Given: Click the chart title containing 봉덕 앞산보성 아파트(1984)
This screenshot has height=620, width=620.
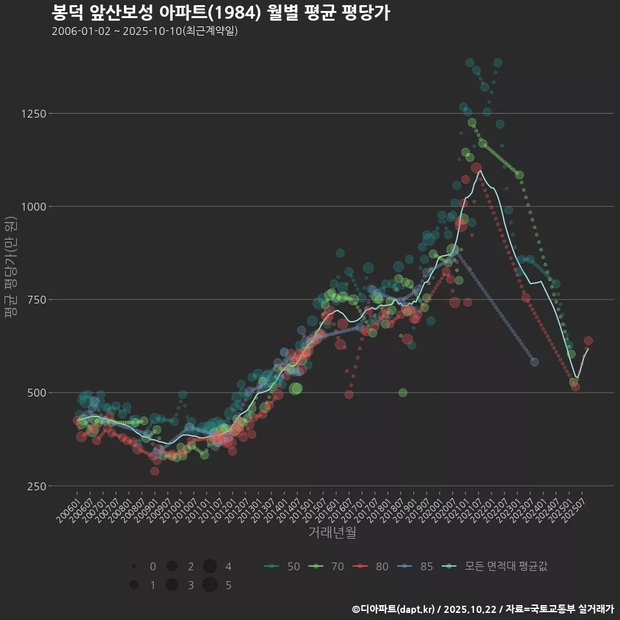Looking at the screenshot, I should tap(220, 13).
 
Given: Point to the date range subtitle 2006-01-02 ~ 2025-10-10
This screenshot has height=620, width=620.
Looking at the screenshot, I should tap(145, 31).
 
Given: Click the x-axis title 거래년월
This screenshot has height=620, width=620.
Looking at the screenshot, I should tap(332, 533).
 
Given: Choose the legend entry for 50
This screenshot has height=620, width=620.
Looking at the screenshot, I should tap(282, 566).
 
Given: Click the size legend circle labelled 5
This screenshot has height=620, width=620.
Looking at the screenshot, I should tap(209, 585).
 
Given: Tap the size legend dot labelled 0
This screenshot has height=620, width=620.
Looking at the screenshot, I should tap(134, 566).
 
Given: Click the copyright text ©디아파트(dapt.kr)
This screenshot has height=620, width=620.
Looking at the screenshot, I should tap(393, 609).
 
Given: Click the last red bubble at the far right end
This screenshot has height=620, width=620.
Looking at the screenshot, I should tap(588, 341).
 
